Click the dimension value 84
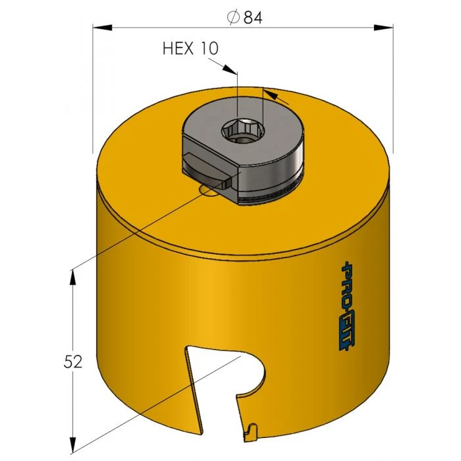(253, 18)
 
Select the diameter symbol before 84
(232, 18)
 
